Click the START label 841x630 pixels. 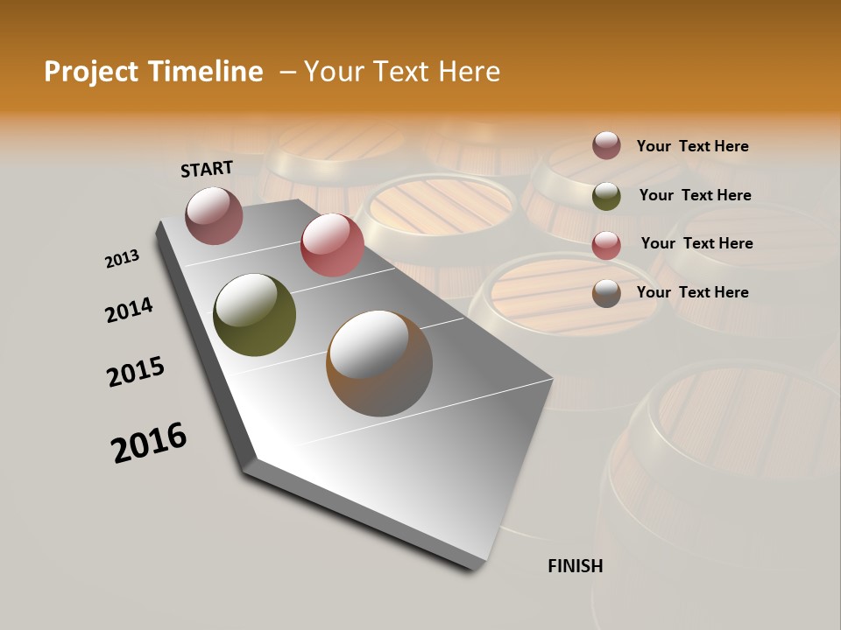207,169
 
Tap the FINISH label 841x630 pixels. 575,566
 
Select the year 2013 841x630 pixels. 122,259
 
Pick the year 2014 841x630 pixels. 129,310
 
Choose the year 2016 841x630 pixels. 149,443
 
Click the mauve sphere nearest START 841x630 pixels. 215,215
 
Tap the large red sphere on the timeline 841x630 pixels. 332,245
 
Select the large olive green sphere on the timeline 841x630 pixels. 255,315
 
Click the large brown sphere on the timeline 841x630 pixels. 379,363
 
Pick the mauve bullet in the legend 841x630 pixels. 606,145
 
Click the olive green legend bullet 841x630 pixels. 606,196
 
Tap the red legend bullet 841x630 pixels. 606,245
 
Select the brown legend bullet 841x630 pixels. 606,293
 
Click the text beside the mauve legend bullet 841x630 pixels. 692,146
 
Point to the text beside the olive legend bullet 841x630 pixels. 695,195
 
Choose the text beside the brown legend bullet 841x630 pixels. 692,292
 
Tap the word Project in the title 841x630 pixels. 91,72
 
